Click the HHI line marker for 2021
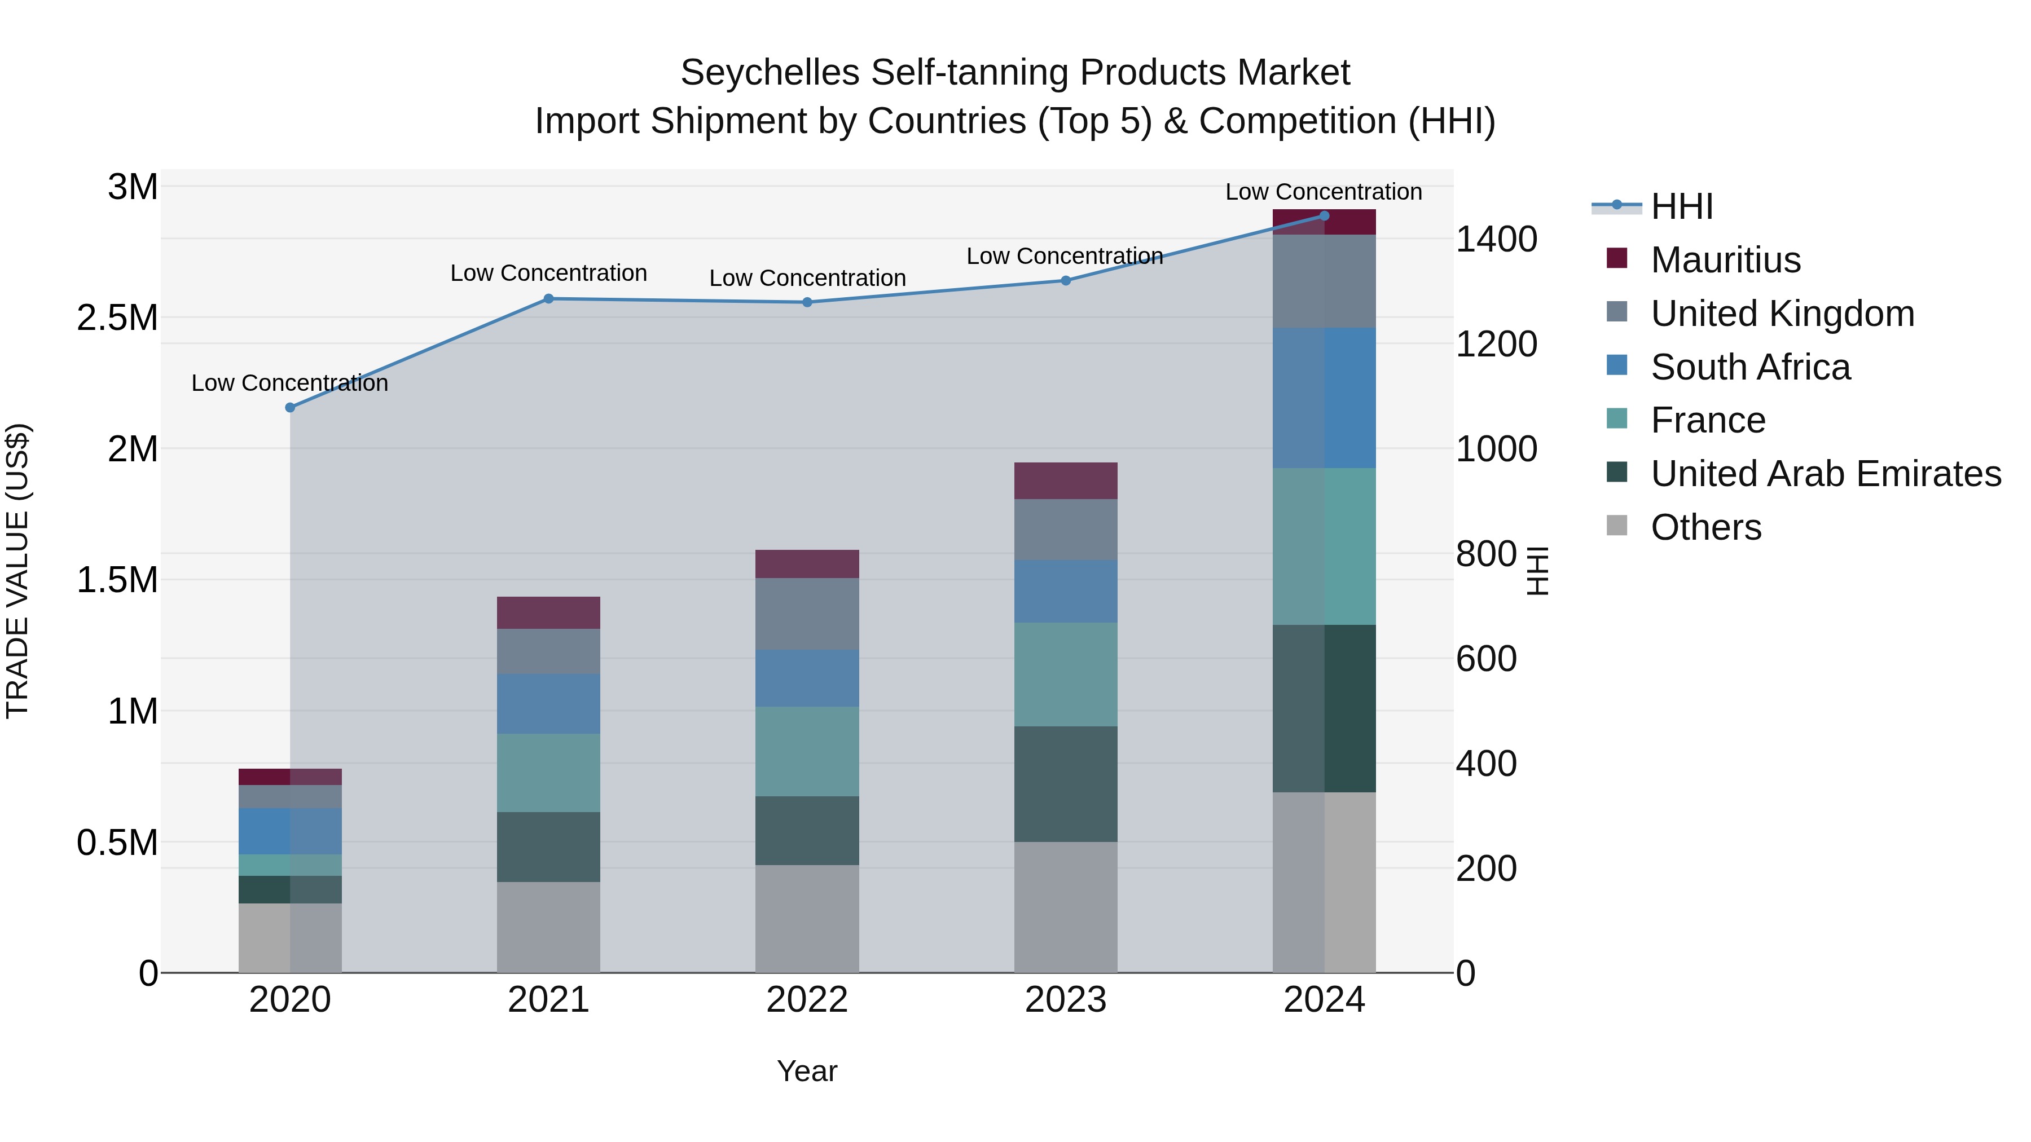point(549,299)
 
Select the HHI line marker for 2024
point(1324,216)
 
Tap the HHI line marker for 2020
point(290,408)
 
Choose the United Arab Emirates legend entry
point(1825,474)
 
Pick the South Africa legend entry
point(1749,367)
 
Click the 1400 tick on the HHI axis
point(1496,240)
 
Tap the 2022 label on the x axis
point(807,1000)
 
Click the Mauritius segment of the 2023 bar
point(1065,480)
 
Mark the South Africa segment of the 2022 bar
point(807,678)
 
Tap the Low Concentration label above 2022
point(807,278)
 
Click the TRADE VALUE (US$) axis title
point(17,571)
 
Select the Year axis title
point(807,1071)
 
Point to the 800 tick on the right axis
point(1485,554)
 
